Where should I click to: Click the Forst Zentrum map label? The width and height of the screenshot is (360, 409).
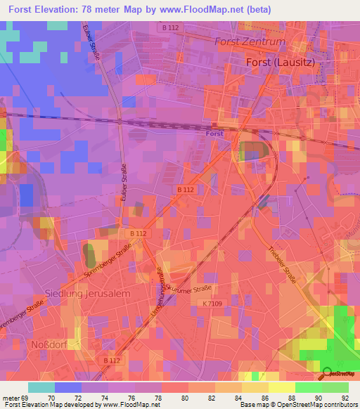250,41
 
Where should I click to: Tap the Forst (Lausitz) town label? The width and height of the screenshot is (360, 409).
279,62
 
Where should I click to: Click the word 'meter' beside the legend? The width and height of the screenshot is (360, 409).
12,397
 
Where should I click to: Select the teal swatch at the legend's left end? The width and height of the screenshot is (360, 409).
41,387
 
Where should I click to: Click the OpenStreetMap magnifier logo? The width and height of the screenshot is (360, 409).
326,373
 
